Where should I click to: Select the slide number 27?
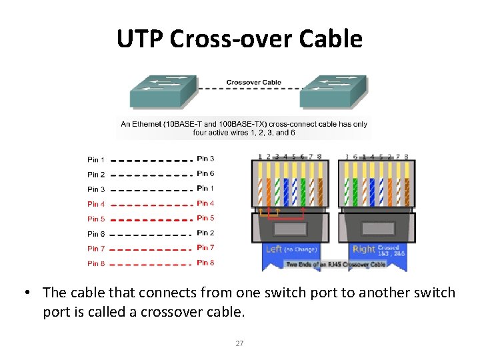[x=239, y=344]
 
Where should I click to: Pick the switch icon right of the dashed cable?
[x=333, y=91]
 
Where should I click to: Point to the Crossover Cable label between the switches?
[x=253, y=83]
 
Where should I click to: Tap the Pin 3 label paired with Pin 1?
[x=205, y=159]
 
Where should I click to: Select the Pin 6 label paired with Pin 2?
[x=205, y=174]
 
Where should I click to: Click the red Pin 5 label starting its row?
[x=96, y=219]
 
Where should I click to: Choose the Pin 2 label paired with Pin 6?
[x=205, y=233]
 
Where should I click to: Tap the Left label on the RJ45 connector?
[x=273, y=249]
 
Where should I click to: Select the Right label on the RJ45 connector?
[x=363, y=249]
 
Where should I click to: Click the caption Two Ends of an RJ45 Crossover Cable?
[x=336, y=265]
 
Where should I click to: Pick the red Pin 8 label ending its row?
[x=205, y=263]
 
